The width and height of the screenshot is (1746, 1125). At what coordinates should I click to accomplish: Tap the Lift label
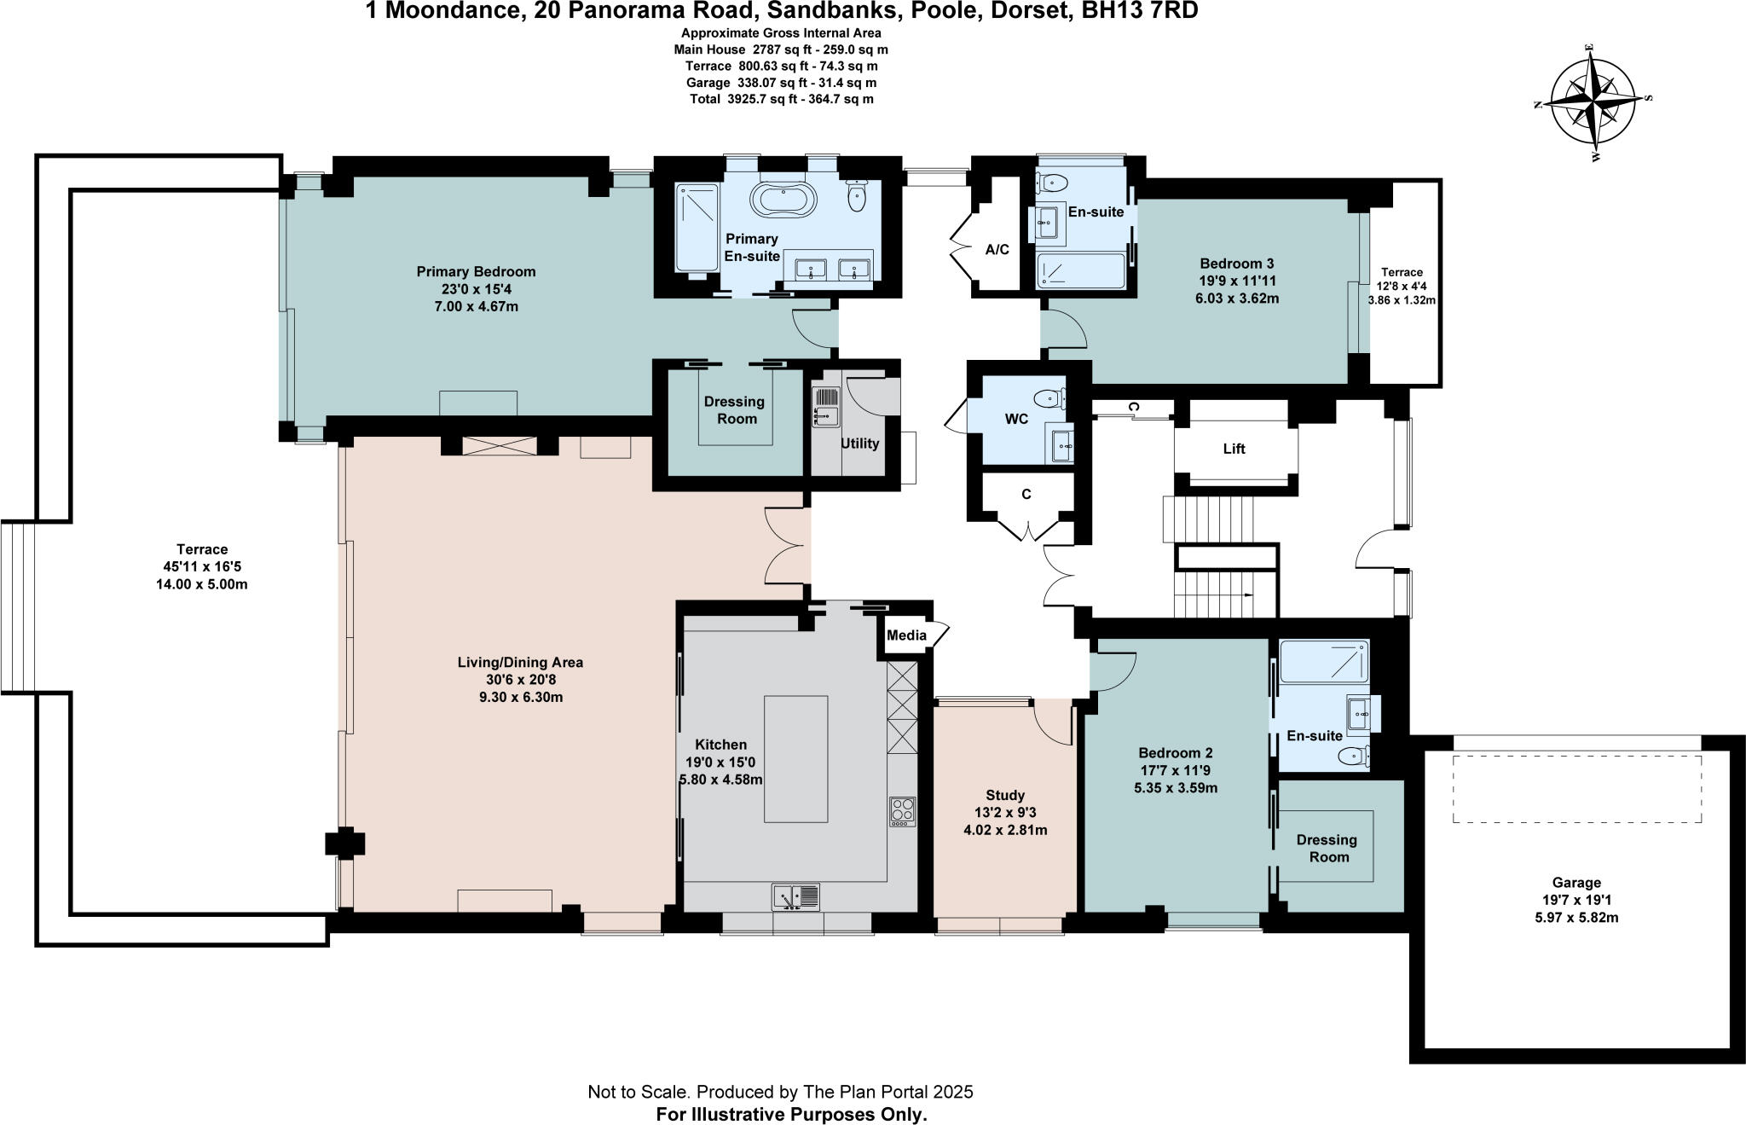pos(1234,449)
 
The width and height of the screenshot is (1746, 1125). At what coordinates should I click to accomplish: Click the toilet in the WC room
pos(1049,397)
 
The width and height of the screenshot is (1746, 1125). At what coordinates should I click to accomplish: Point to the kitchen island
pos(795,758)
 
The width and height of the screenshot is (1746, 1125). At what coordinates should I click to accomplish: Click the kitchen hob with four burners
pos(902,810)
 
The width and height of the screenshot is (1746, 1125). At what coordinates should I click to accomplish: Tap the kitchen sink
pos(795,896)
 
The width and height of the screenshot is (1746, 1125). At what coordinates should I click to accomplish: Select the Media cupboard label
pos(906,635)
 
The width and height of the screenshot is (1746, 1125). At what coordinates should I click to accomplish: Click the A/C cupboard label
pos(997,250)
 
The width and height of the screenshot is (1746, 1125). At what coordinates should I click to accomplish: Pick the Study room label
pos(1005,795)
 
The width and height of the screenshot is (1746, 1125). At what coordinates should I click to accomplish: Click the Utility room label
pos(859,444)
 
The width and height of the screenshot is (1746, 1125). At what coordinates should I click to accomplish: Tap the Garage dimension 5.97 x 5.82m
pos(1576,918)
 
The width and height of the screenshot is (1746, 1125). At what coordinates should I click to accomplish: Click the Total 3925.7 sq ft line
pos(781,99)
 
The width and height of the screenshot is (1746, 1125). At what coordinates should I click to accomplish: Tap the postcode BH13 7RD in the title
pos(1142,11)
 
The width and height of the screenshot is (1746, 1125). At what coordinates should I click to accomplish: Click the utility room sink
pos(826,406)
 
